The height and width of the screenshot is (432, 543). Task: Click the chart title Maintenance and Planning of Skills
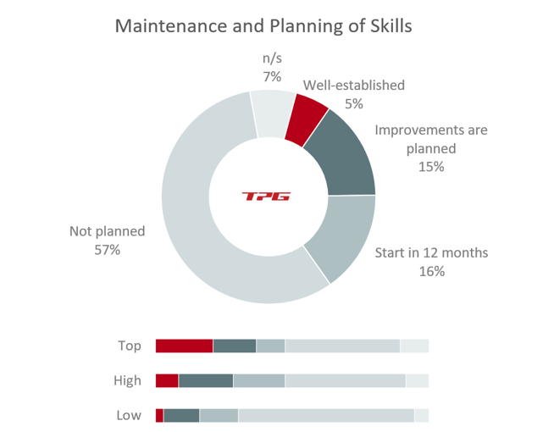[x=263, y=26]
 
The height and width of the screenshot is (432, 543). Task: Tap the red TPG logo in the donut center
[x=267, y=197]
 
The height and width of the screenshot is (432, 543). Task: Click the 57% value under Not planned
[x=108, y=251]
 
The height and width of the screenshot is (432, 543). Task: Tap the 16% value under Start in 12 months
[x=431, y=272]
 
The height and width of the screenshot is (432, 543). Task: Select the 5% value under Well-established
[x=354, y=103]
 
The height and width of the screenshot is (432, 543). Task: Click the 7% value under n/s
[x=271, y=77]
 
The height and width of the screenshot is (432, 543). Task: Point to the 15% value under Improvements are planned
[x=431, y=167]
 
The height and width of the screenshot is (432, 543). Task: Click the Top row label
[x=130, y=346]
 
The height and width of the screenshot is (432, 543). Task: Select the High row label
[x=128, y=381]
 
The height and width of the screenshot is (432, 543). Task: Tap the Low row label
[x=129, y=416]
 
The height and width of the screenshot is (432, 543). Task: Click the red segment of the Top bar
[x=184, y=346]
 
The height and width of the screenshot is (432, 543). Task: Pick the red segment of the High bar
[x=167, y=381]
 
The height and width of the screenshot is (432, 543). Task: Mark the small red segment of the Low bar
[x=159, y=416]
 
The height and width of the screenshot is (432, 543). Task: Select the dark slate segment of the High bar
[x=206, y=381]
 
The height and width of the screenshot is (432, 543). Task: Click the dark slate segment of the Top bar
[x=235, y=346]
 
